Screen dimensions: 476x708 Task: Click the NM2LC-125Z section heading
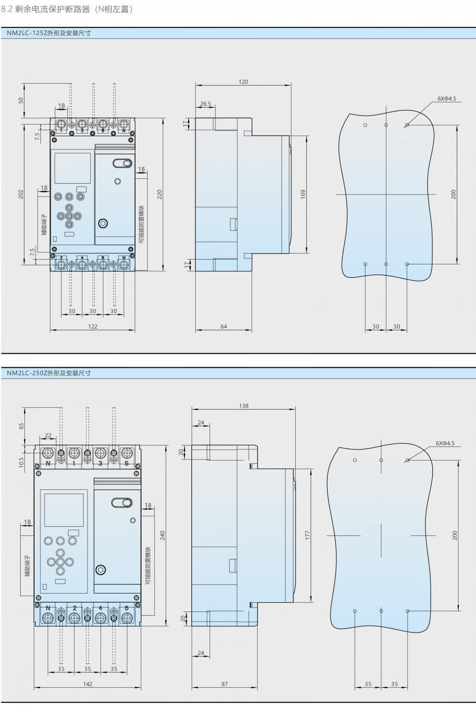(49, 33)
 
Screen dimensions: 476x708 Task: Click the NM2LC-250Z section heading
(49, 373)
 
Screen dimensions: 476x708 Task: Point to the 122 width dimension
(93, 326)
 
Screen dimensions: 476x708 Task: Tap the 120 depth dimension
(243, 82)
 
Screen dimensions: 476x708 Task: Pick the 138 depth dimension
(244, 406)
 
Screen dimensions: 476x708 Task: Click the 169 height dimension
(303, 194)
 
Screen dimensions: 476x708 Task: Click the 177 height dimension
(307, 535)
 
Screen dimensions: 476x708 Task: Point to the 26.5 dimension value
(205, 104)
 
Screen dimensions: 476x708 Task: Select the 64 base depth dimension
(224, 326)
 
